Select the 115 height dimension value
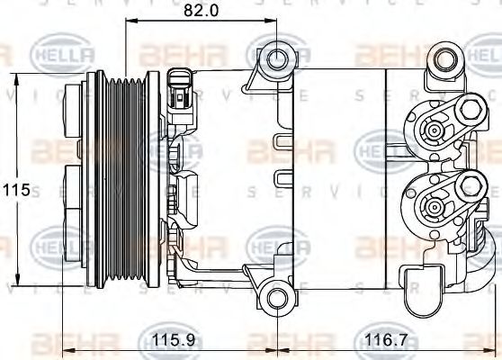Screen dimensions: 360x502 tap(15, 191)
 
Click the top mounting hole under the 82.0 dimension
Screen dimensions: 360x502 tap(278, 59)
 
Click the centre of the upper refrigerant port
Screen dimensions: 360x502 tap(434, 131)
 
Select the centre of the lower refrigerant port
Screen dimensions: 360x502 tap(434, 204)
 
